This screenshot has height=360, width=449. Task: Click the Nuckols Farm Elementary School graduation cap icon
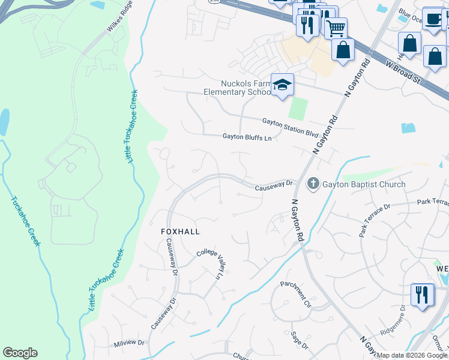tap(281, 85)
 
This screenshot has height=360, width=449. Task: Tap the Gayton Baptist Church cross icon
tap(313, 184)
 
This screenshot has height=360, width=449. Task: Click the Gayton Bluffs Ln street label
tap(247, 137)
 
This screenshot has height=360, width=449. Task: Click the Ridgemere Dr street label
tap(394, 321)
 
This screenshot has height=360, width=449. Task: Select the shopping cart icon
tap(336, 27)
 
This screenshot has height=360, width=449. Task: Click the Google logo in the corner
tap(20, 353)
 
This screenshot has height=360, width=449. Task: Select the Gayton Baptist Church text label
tap(364, 184)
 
